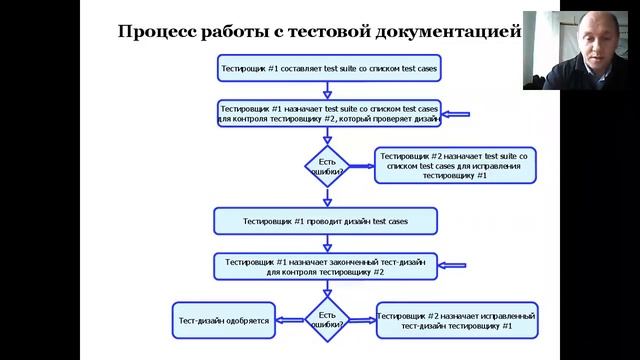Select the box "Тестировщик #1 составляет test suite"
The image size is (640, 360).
coord(328,69)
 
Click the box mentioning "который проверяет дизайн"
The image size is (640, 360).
coord(329,113)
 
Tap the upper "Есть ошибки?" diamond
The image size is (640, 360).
coord(327,166)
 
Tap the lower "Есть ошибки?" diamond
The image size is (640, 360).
coord(327,319)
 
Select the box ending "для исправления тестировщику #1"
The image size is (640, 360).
coord(455,166)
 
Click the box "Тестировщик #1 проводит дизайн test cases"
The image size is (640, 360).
coord(326,219)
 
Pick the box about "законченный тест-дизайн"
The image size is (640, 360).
coord(326,266)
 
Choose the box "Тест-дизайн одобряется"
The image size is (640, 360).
coord(223,319)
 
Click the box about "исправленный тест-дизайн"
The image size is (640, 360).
coord(457,320)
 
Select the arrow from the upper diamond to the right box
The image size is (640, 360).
coord(361,166)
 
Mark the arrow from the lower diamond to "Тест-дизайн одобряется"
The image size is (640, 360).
coord(291,320)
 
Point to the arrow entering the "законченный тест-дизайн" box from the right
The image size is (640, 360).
coord(452,266)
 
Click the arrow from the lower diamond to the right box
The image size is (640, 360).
coord(362,320)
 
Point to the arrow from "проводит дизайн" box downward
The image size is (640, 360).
coord(327,242)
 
